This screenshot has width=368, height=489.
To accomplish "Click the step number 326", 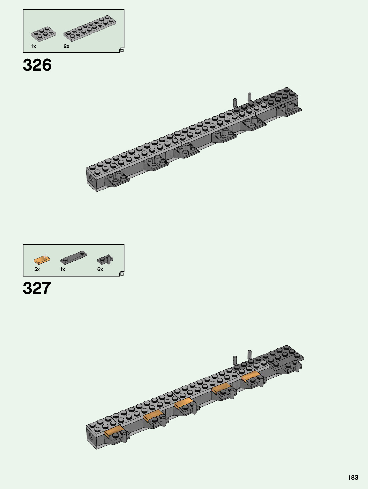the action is pos(37,65).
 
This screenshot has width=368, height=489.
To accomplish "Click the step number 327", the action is pos(37,288).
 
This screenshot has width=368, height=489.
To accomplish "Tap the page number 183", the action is pos(353,477).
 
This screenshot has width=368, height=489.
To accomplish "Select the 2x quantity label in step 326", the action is pos(66,46).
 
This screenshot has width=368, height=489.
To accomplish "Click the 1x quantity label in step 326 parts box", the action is pos(33,46).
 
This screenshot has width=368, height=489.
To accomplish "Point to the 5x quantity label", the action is pos(37,269).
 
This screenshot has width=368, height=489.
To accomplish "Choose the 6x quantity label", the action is pos(100,269).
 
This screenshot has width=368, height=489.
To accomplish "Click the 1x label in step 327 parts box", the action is pos(63,269).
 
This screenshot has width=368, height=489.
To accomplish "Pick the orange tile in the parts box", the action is pos(42,260).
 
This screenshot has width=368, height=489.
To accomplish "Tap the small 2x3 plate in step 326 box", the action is pos(44,34).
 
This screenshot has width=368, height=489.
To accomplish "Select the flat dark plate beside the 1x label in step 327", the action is pos(74,258).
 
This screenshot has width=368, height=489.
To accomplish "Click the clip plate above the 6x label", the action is pos(105,259).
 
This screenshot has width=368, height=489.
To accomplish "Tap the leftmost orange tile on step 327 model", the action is pos(114,431).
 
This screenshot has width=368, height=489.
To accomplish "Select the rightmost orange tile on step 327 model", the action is pos(250,377).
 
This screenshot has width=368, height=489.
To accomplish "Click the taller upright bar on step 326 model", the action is pos(249,97).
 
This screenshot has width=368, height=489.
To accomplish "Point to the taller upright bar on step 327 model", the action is pos(249,355).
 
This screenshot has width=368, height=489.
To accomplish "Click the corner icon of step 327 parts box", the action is pos(121,274).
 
